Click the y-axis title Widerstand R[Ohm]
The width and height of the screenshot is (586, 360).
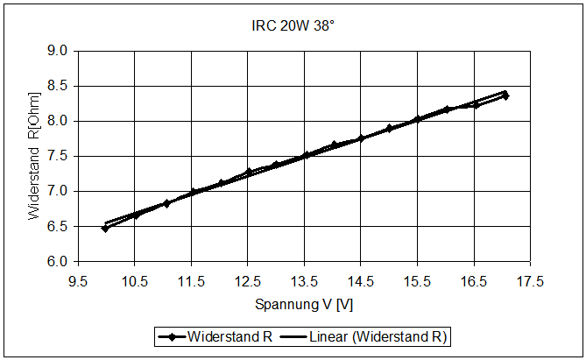[34, 155]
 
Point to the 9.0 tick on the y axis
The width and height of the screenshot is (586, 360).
[58, 51]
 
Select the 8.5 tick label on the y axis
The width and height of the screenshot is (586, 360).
[58, 86]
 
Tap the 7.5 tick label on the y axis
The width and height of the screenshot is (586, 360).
[58, 156]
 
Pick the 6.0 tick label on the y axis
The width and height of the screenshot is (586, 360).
[58, 261]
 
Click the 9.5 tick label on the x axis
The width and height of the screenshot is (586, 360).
[78, 281]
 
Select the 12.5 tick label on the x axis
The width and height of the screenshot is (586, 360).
[247, 281]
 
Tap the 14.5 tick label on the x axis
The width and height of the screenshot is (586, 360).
[361, 281]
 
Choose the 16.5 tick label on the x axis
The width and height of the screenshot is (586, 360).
[474, 281]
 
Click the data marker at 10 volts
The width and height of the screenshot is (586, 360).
[105, 228]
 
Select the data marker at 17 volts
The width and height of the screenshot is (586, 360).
[505, 95]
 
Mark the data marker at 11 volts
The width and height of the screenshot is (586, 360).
[166, 203]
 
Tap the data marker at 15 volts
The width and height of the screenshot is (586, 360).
[390, 128]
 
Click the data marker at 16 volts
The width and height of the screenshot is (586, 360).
[447, 109]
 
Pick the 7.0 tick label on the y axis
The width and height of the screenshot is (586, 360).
[58, 191]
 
